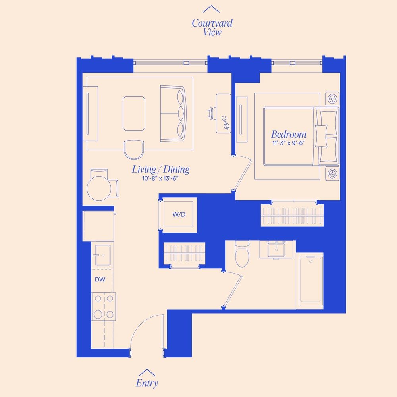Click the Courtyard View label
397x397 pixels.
coord(212,27)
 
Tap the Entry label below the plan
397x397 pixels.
coord(147,383)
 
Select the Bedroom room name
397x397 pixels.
coord(289,134)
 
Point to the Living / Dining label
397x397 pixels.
coord(160,170)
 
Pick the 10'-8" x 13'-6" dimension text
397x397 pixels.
coord(160,179)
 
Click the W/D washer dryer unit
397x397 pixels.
coord(179,214)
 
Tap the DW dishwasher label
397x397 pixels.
coord(100,279)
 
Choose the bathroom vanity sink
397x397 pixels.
coord(276,250)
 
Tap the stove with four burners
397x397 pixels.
coord(104,306)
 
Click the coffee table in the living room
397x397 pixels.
coord(134,114)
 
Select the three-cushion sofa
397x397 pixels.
coord(173,113)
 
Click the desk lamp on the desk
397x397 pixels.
coord(225,121)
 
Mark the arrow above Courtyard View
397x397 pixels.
coord(211,9)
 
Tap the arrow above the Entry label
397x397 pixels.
coord(147,373)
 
